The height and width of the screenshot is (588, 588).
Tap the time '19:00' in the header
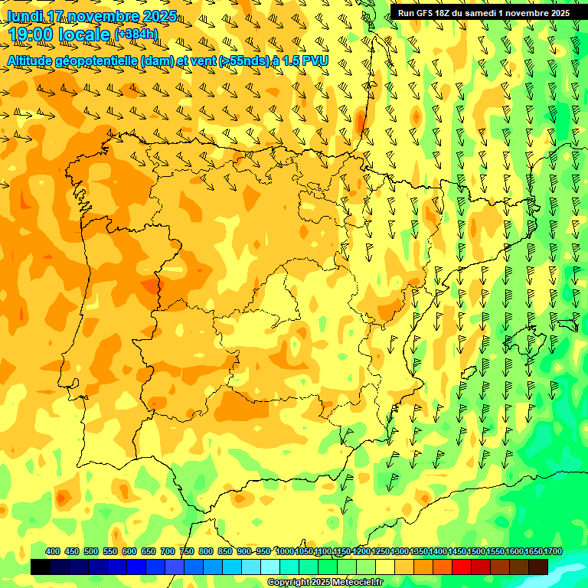pyautogui.click(x=31, y=35)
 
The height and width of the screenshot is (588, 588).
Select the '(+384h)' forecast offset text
pyautogui.click(x=136, y=34)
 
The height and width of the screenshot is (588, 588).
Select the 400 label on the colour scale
pyautogui.click(x=53, y=551)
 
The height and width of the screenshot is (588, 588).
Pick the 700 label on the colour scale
pyautogui.click(x=167, y=551)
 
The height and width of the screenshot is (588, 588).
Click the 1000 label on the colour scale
pyautogui.click(x=284, y=551)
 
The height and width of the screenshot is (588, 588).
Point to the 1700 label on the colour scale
pyautogui.click(x=553, y=551)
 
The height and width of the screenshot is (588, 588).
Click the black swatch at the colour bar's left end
pyautogui.click(x=41, y=567)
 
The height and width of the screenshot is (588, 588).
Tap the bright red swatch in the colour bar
pyautogui.click(x=462, y=567)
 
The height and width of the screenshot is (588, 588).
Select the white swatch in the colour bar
pyautogui.click(x=270, y=567)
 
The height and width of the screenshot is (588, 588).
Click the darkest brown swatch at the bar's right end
pyautogui.click(x=538, y=567)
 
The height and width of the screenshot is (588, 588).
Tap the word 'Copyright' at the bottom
pyautogui.click(x=289, y=583)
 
